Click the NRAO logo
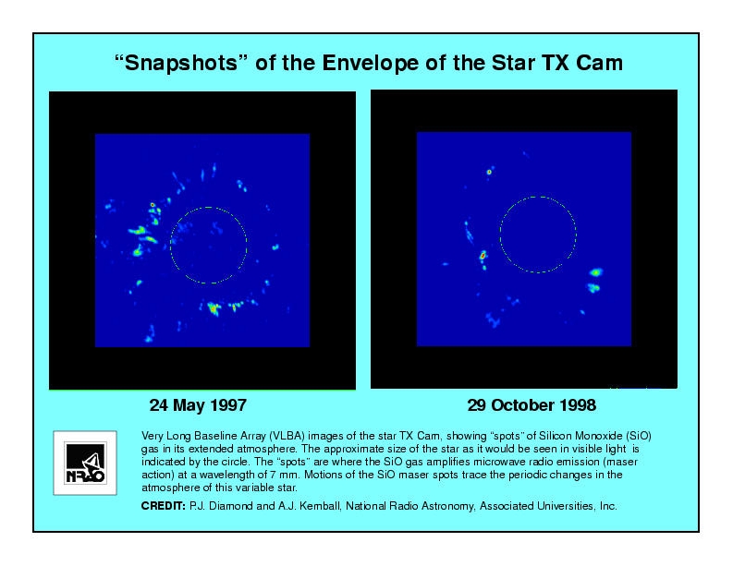(85, 463)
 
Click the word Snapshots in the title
(181, 63)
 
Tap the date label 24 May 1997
(198, 405)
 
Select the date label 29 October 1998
(531, 405)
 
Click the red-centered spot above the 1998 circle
(489, 172)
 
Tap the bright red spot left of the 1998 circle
(483, 256)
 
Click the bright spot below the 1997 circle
(214, 308)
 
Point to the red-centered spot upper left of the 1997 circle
(153, 205)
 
